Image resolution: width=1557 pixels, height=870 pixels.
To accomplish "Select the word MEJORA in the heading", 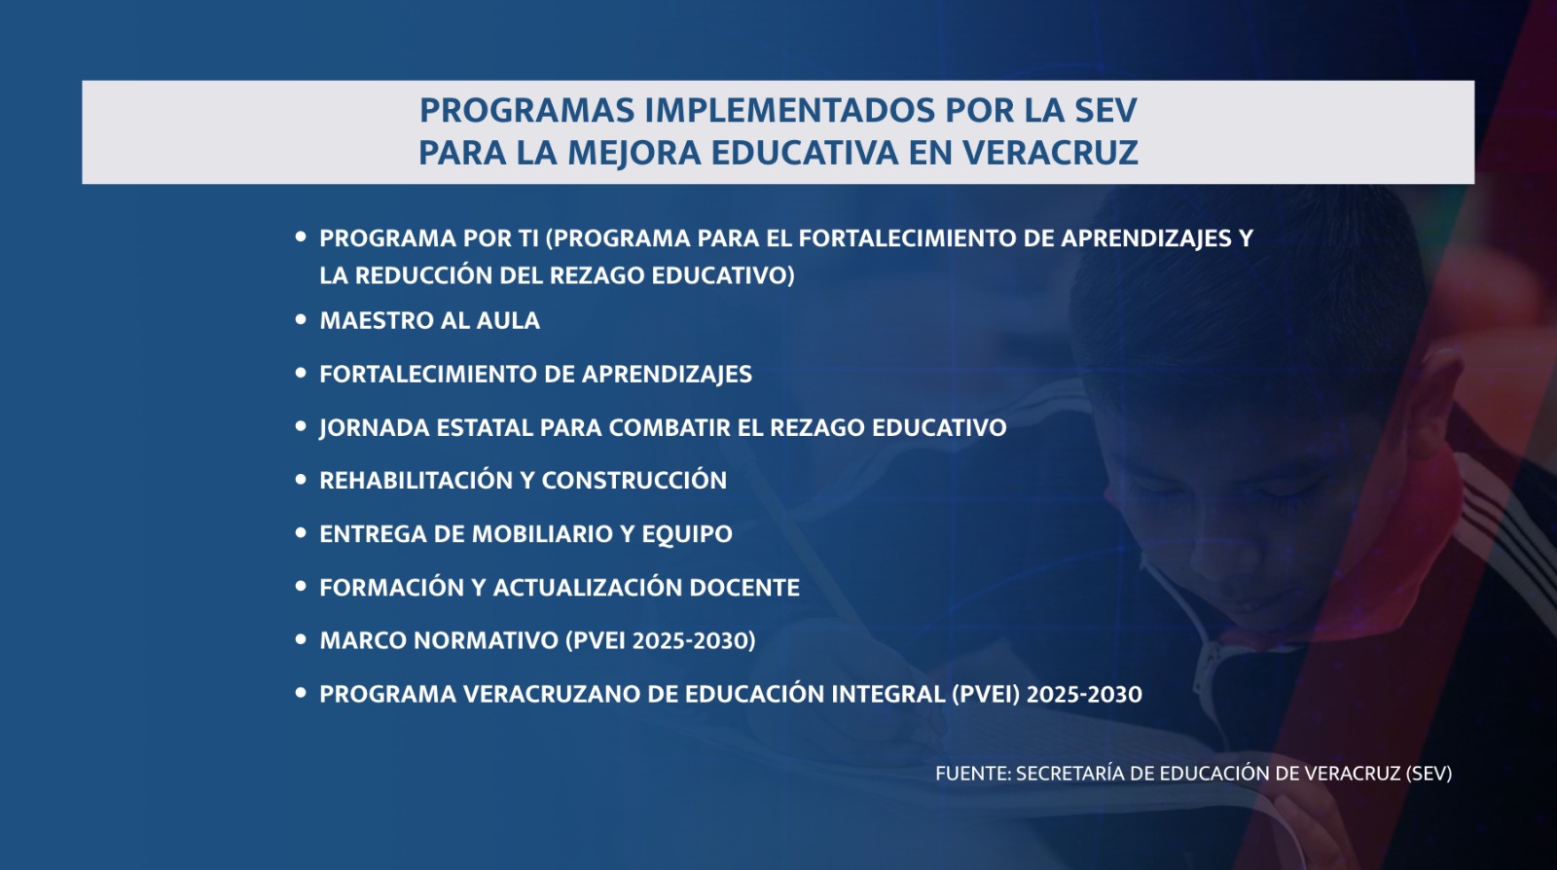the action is pyautogui.click(x=634, y=153).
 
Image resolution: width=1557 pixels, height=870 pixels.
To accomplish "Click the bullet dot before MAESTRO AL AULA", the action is pyautogui.click(x=301, y=319).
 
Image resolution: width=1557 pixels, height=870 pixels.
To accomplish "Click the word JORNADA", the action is pyautogui.click(x=374, y=427).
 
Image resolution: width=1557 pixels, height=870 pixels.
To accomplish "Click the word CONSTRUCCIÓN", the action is pyautogui.click(x=634, y=480).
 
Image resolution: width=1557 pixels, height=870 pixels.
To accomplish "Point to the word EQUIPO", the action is pyautogui.click(x=687, y=534).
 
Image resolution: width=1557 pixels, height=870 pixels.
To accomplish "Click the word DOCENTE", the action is pyautogui.click(x=743, y=587).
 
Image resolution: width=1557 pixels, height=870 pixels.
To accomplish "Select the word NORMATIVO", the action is pyautogui.click(x=487, y=640).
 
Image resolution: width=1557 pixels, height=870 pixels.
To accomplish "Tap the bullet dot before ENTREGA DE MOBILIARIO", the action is pyautogui.click(x=301, y=533).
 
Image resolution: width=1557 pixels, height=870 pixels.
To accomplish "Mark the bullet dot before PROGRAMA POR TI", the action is pyautogui.click(x=301, y=236).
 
